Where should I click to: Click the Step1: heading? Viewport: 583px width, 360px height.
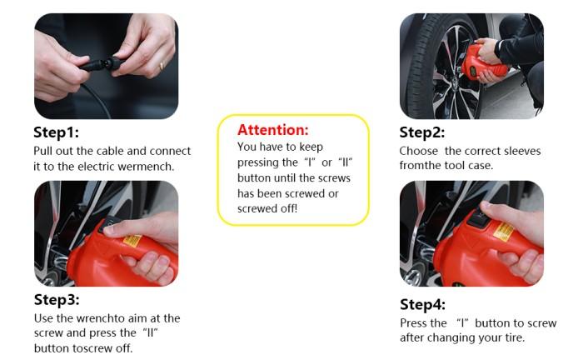(56, 132)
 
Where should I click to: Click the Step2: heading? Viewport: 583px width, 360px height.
(422, 132)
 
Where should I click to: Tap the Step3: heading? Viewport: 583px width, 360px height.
(57, 299)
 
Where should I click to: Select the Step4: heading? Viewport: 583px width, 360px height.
(423, 304)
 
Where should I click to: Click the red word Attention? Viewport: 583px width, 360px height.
(273, 130)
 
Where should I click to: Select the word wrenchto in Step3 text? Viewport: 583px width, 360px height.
(101, 318)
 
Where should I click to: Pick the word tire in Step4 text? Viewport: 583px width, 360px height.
(516, 337)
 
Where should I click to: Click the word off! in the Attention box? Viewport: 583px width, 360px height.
(288, 208)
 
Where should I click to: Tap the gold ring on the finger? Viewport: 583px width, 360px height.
(162, 66)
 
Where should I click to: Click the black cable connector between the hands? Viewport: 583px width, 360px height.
(101, 65)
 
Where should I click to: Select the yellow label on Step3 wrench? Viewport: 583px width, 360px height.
(132, 241)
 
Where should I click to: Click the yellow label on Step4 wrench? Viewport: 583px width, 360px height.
(503, 232)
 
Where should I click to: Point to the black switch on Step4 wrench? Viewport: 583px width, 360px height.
(476, 217)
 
